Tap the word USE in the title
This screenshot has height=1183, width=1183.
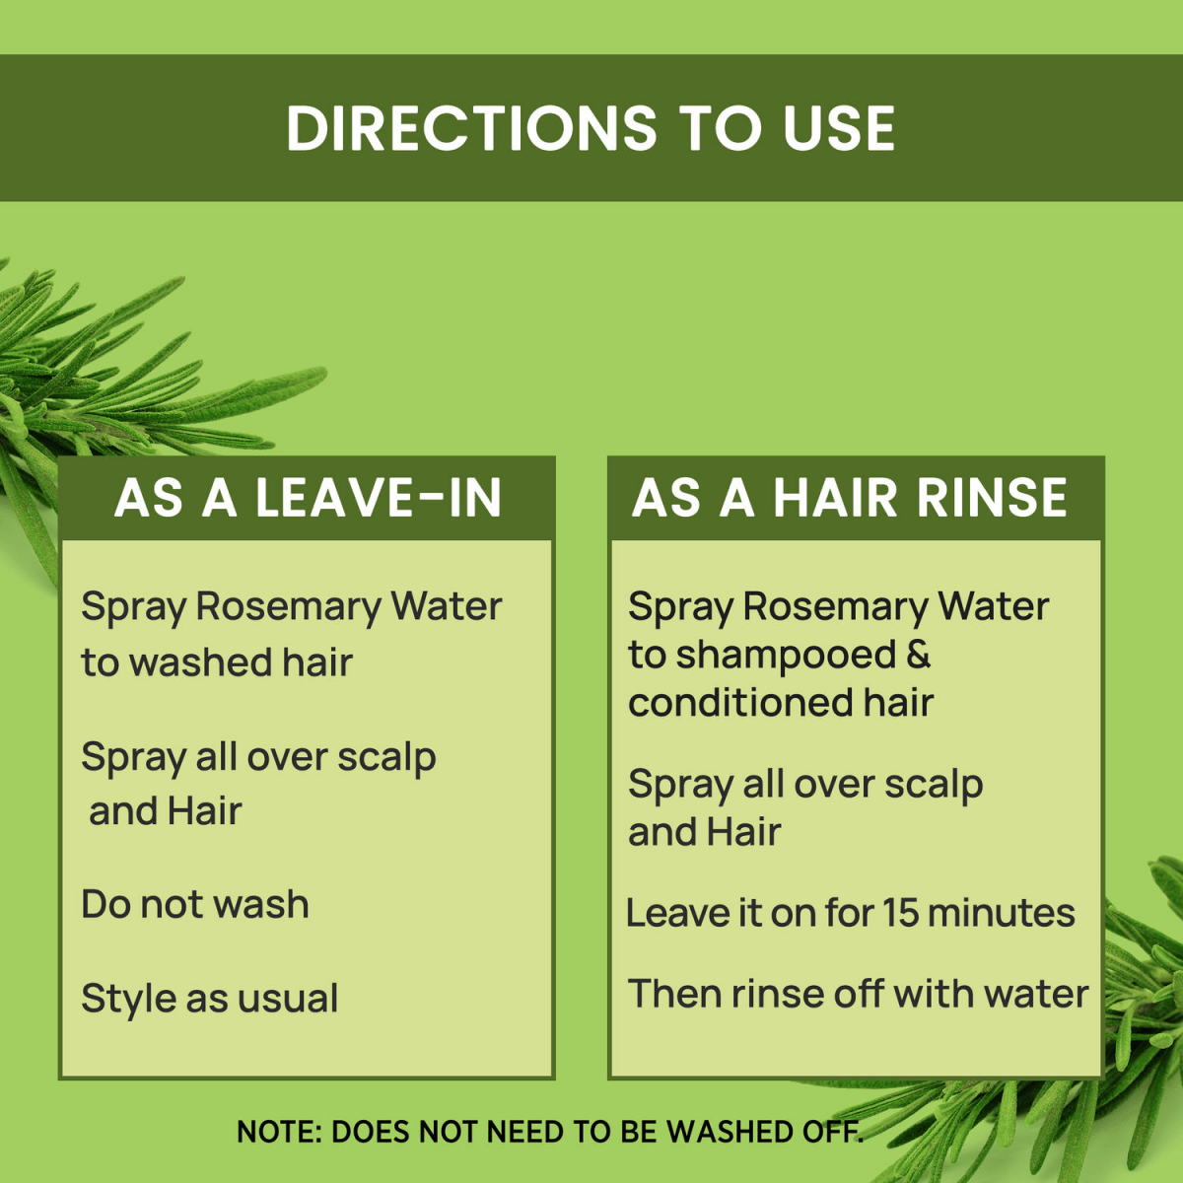tap(839, 129)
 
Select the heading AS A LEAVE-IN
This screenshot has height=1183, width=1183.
tap(308, 498)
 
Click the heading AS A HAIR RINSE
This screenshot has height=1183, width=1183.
tap(850, 498)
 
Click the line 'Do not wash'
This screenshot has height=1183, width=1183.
tap(195, 904)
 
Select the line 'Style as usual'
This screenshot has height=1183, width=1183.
tap(209, 998)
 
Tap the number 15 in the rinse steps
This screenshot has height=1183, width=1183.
tap(900, 913)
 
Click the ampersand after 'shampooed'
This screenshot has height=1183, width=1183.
tap(917, 655)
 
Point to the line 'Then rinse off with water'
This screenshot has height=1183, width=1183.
tap(858, 994)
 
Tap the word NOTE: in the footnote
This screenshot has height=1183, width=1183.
tap(280, 1132)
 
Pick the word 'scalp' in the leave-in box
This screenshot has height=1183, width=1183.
tap(386, 757)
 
